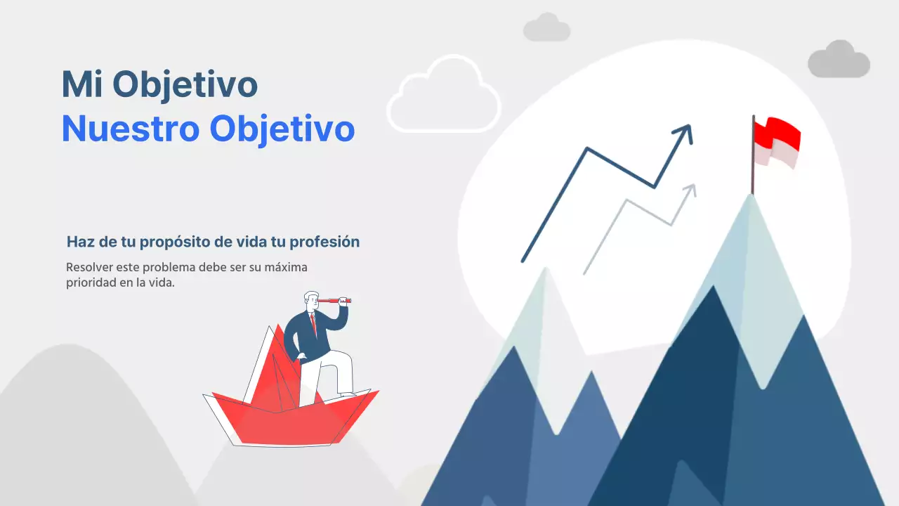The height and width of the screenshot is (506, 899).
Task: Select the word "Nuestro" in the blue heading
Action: point(129,129)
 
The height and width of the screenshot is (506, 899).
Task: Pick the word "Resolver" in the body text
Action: point(88,268)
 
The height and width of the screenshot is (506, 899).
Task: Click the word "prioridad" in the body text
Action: point(89,283)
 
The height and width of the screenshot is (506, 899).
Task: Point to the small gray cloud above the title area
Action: point(546,28)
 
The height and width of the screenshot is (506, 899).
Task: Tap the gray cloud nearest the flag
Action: point(839,60)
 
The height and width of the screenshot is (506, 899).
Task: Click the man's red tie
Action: point(314,324)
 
